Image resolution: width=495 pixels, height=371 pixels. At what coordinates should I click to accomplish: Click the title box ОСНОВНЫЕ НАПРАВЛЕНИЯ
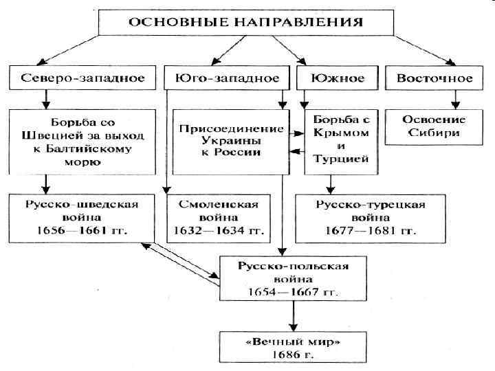(x=247, y=21)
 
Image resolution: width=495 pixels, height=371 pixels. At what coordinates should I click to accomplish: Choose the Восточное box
(x=434, y=78)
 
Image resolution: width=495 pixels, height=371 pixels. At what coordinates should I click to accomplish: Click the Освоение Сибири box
(x=434, y=126)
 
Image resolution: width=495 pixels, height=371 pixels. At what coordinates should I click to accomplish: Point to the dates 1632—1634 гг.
(x=218, y=229)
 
